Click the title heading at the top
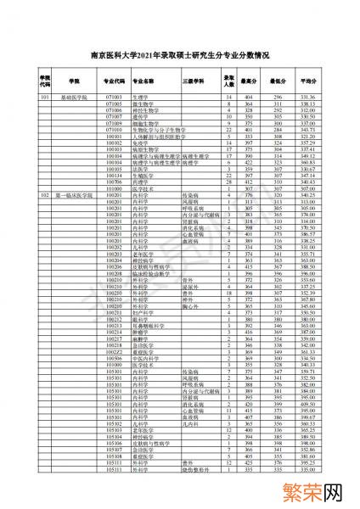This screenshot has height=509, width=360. [180, 57]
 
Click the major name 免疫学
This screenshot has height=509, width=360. [139, 143]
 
